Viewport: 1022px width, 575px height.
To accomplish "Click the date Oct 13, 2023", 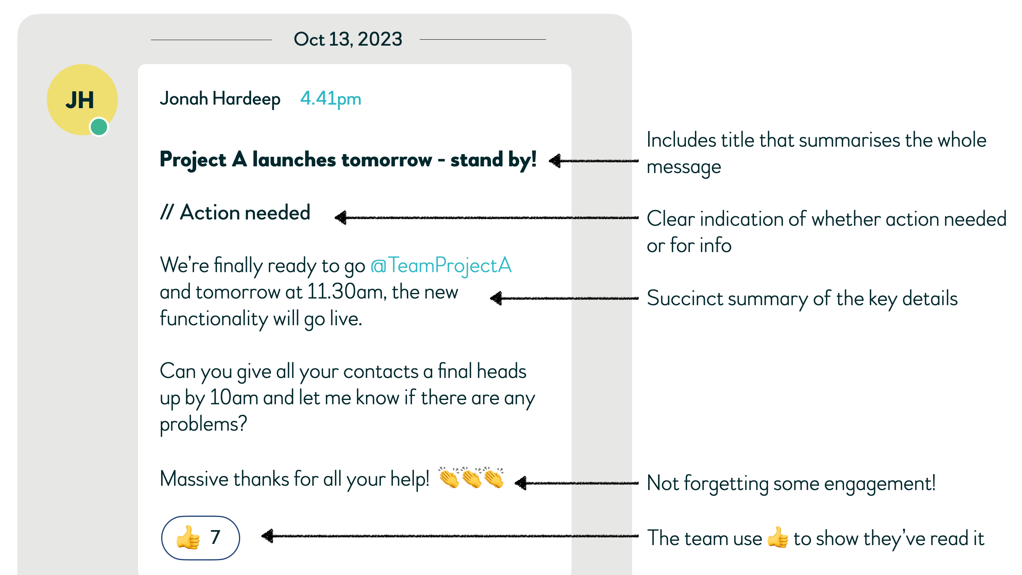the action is pyautogui.click(x=347, y=39).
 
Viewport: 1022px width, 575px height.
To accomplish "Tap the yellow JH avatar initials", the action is pyautogui.click(x=80, y=100).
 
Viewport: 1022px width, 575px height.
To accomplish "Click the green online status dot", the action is pyautogui.click(x=99, y=127).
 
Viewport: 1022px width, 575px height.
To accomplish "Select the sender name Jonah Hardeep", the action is pyautogui.click(x=220, y=98).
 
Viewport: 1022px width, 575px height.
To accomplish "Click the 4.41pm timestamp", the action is pyautogui.click(x=331, y=98).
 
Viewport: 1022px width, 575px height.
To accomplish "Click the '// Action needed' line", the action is pyautogui.click(x=235, y=213).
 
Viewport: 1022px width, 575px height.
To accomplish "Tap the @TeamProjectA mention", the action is pyautogui.click(x=441, y=265).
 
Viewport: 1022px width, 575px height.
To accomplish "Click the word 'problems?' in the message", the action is pyautogui.click(x=203, y=424).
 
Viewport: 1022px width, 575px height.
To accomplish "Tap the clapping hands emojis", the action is pyautogui.click(x=471, y=477).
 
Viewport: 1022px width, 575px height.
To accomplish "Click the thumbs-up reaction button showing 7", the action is pyautogui.click(x=200, y=538).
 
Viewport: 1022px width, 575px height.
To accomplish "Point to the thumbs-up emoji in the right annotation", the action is pyautogui.click(x=778, y=538).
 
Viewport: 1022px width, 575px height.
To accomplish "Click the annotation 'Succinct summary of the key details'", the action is pyautogui.click(x=802, y=299).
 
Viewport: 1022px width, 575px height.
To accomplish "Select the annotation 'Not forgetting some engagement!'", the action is pyautogui.click(x=791, y=483).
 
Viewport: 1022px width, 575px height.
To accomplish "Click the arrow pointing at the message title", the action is pyautogui.click(x=594, y=161).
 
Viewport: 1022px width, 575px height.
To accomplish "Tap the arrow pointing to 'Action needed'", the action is pyautogui.click(x=486, y=217).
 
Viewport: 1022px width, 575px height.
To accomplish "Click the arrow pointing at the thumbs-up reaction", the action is pyautogui.click(x=450, y=536).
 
